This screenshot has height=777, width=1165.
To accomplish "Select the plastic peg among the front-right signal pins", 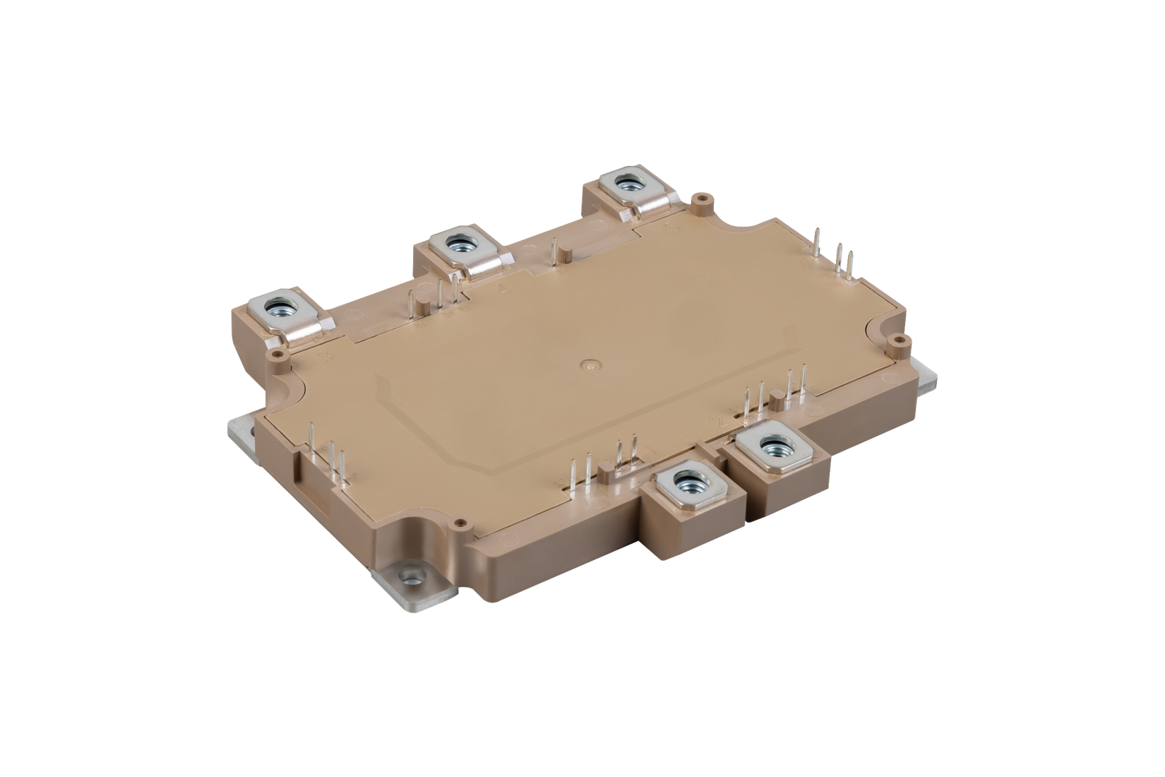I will pos(777,404).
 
